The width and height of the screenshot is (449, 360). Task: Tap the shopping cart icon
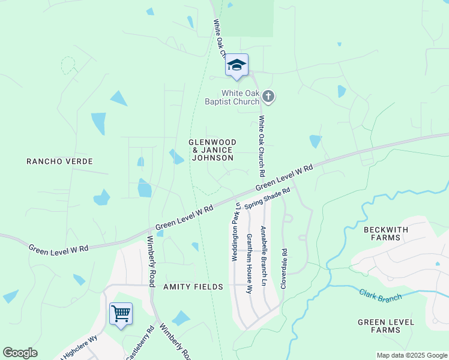click(121, 313)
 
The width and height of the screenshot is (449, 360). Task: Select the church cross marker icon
click(268, 97)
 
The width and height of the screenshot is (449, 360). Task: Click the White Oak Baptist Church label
click(241, 97)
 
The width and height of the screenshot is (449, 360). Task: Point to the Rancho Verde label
click(60, 161)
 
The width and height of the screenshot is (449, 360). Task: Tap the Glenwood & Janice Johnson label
click(212, 150)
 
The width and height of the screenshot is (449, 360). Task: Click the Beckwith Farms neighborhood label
click(386, 233)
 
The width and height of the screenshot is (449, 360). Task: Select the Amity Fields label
click(193, 287)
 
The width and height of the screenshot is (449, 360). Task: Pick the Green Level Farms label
click(386, 326)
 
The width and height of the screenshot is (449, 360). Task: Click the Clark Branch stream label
click(381, 296)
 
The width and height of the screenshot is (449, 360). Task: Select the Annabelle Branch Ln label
click(263, 256)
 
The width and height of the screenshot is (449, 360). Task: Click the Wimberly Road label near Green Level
click(151, 260)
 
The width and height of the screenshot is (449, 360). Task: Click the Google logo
click(20, 353)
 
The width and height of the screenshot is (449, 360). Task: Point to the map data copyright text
click(412, 355)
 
